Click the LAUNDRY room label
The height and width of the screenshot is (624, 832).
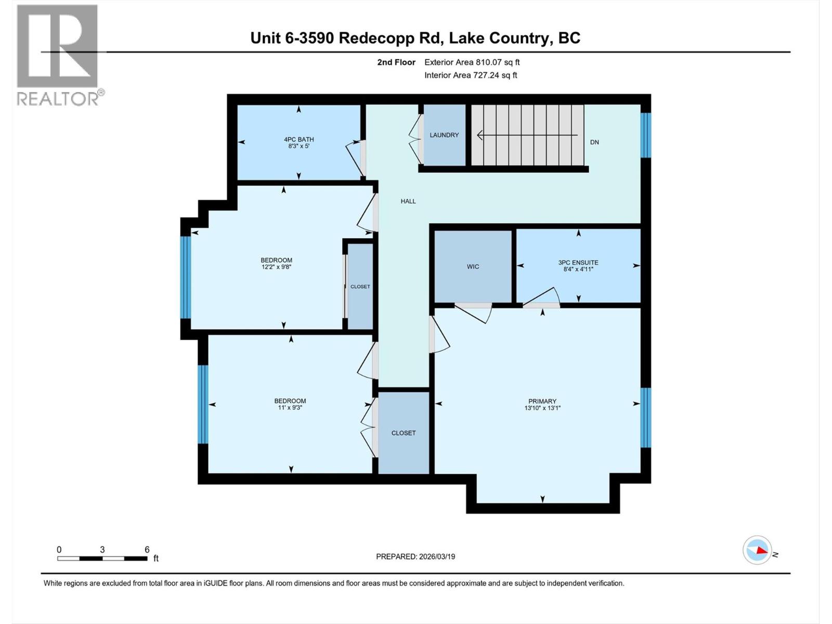click(x=444, y=135)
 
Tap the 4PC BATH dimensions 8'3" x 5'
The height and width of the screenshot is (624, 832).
click(x=298, y=147)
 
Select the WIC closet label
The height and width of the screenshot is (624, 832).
click(x=473, y=267)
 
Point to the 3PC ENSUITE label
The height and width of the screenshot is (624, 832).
click(x=578, y=263)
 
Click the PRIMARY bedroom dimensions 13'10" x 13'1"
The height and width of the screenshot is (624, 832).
click(x=542, y=408)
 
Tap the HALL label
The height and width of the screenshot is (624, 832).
click(x=408, y=201)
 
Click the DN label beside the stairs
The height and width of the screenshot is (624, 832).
click(x=594, y=142)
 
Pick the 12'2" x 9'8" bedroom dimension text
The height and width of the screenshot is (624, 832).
click(x=276, y=267)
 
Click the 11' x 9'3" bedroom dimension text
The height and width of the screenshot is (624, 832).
click(x=290, y=408)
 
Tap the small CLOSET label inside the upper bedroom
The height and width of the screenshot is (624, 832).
click(x=360, y=287)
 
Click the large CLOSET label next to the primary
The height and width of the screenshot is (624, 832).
click(x=404, y=433)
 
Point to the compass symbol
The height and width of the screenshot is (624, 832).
click(x=757, y=550)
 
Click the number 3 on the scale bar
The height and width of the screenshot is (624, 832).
click(x=102, y=550)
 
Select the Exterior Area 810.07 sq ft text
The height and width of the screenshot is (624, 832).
click(x=472, y=62)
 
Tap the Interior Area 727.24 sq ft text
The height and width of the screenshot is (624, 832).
click(x=471, y=75)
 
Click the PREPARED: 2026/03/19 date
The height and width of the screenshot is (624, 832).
click(x=415, y=556)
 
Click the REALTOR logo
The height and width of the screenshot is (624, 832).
click(x=58, y=55)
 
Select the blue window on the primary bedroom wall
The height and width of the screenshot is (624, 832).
click(x=645, y=418)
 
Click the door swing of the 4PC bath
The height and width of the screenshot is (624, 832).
click(x=355, y=159)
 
